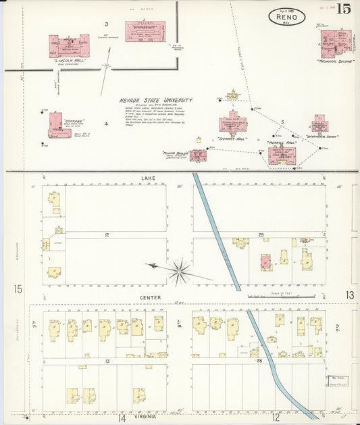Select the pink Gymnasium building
point(145,31)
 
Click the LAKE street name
point(148,178)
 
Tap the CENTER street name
point(150,297)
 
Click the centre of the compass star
point(180,272)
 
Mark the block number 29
point(261,234)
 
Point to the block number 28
point(260,362)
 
